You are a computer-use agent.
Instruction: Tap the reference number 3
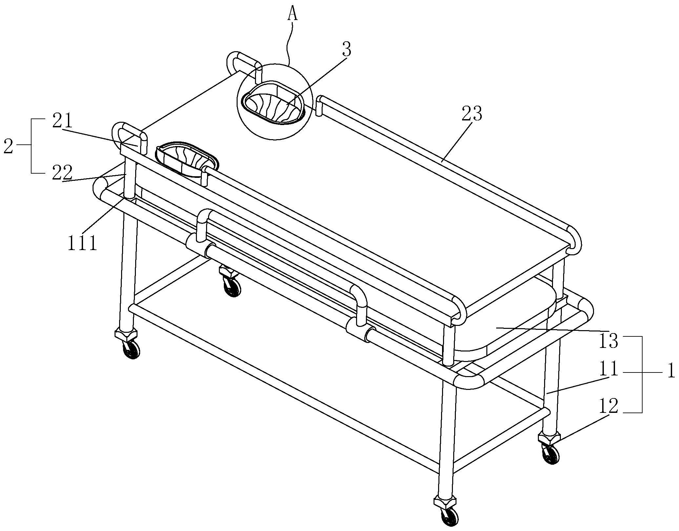coord(346,50)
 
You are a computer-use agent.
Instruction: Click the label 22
coord(62,172)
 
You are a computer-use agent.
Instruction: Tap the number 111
coord(83,244)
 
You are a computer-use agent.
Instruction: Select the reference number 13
coord(609,341)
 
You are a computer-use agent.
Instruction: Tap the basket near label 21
coord(186,159)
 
